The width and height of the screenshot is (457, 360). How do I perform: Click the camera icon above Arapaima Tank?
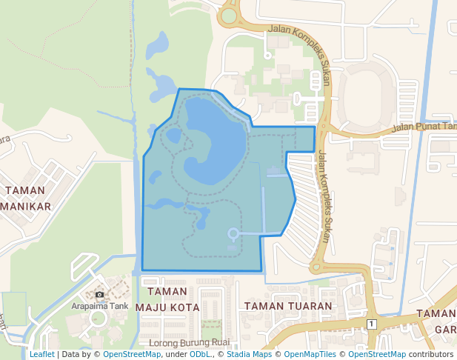pyautogui.click(x=99, y=295)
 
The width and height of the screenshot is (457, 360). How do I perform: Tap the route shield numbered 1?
pyautogui.click(x=371, y=324)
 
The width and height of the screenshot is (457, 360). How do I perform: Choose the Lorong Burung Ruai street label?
pyautogui.click(x=190, y=344)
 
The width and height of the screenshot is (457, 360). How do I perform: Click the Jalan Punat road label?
pyautogui.click(x=423, y=126)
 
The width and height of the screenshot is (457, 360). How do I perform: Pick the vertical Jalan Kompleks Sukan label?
pyautogui.click(x=324, y=196)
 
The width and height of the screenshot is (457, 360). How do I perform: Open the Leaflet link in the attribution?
pyautogui.click(x=41, y=355)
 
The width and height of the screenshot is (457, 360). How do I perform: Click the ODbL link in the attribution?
pyautogui.click(x=199, y=355)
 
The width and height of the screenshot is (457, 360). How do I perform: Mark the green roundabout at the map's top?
pyautogui.click(x=229, y=15)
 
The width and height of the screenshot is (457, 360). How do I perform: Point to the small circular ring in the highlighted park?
pyautogui.click(x=233, y=234)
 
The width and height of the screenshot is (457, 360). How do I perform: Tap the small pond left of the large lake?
pyautogui.click(x=173, y=136)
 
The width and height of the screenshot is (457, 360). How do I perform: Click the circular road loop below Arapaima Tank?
pyautogui.click(x=97, y=320)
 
